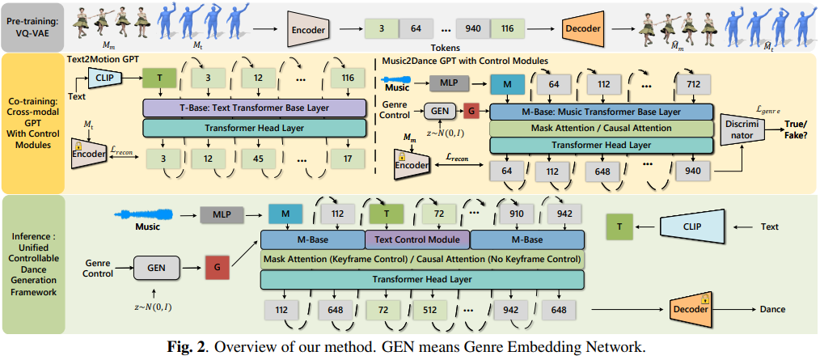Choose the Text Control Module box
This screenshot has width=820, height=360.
click(x=418, y=239)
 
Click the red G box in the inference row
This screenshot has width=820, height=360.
click(x=217, y=265)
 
